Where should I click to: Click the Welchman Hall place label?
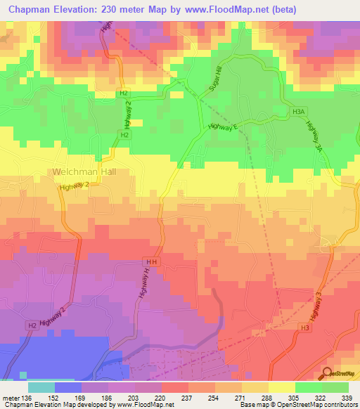click(x=82, y=171)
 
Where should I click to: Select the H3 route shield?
click(x=304, y=327)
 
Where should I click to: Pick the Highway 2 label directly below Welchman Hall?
click(x=74, y=184)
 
